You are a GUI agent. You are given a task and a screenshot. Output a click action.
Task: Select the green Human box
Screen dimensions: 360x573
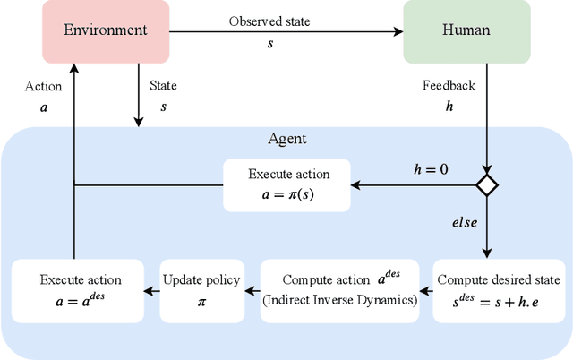point(466,30)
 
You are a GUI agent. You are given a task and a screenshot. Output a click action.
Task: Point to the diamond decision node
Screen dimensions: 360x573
point(486,185)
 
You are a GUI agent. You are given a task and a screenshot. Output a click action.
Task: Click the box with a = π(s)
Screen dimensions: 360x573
point(286,185)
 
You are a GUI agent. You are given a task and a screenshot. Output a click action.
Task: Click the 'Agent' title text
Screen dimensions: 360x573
point(286,139)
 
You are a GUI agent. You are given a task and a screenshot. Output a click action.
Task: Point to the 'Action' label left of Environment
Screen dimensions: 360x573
point(43,87)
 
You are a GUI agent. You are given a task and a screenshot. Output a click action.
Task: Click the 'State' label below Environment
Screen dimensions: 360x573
point(162,87)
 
